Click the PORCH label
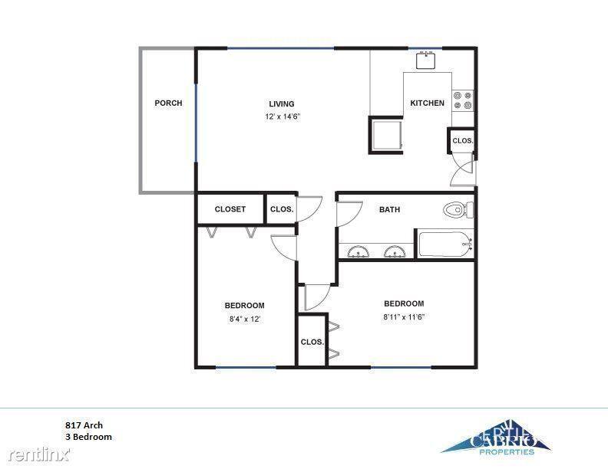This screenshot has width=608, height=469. click(168, 103)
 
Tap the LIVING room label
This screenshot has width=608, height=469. click(282, 103)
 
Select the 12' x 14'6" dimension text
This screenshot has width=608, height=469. click(283, 116)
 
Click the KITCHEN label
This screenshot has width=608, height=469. click(428, 103)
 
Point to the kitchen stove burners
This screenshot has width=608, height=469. click(463, 100)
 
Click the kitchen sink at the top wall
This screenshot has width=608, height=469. click(428, 61)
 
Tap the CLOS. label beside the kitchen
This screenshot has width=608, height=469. click(463, 141)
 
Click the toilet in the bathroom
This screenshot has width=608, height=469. click(458, 210)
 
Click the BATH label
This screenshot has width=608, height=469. click(389, 209)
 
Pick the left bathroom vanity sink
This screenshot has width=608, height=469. click(358, 252)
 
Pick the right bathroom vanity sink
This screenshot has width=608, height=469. click(395, 252)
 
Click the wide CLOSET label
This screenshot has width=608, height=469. click(230, 209)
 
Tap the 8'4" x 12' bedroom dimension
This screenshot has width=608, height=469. click(244, 320)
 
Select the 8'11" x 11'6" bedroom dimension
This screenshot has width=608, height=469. click(404, 317)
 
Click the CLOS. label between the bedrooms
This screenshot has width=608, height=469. click(312, 342)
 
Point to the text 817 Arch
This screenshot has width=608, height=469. click(84, 425)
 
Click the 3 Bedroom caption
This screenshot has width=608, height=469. click(88, 437)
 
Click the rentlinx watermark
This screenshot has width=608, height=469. click(39, 454)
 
